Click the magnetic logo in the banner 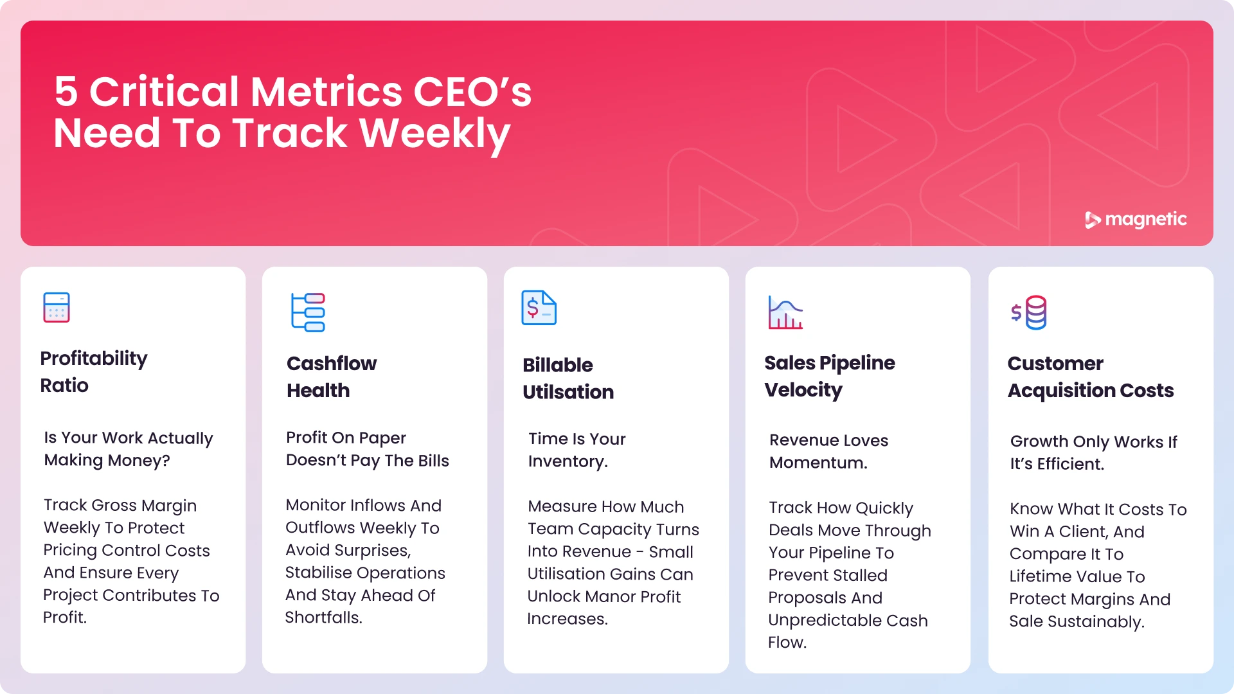(1136, 220)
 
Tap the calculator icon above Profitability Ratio (57, 307)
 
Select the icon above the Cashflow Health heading (308, 312)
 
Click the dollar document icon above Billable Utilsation (539, 308)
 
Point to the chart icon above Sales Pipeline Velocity (785, 312)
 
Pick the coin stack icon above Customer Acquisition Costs (1029, 312)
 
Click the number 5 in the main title (66, 91)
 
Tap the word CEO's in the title (472, 91)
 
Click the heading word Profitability (94, 359)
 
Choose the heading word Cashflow (332, 364)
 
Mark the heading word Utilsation (568, 392)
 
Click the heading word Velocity (803, 390)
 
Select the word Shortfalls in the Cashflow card (323, 618)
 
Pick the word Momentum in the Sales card (818, 463)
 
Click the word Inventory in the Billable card (567, 461)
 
